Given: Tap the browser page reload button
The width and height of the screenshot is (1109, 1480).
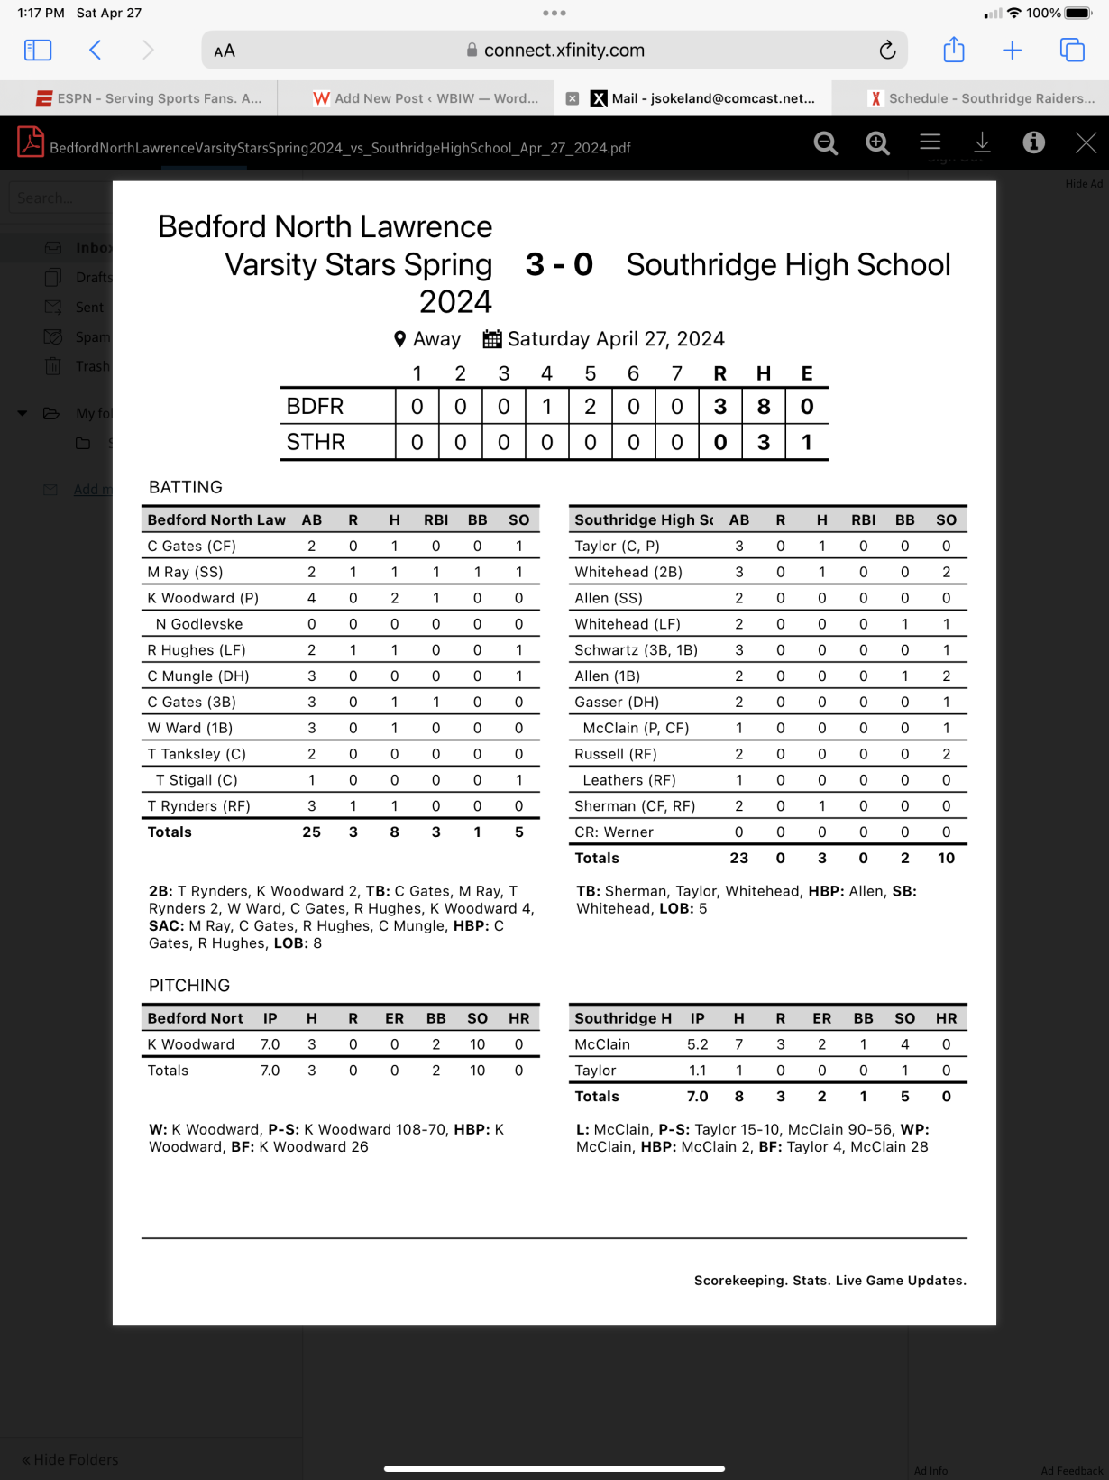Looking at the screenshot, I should point(887,51).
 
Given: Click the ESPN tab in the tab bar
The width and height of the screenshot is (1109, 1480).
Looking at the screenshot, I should point(149,98).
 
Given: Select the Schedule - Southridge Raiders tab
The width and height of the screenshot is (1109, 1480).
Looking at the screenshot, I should point(981,98).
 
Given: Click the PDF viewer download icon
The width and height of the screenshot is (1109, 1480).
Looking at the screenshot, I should point(982,142).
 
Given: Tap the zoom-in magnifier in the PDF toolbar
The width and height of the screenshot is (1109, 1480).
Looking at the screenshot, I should point(877,142).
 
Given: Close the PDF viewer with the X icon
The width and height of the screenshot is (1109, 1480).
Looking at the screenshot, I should point(1086,142).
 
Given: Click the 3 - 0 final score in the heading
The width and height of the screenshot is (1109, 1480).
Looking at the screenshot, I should point(559,264).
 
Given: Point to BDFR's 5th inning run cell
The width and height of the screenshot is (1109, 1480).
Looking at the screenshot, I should point(590,407).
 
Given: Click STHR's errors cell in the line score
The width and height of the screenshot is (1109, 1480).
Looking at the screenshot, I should point(806,442).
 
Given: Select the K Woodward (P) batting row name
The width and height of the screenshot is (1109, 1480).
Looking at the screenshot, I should point(203,598).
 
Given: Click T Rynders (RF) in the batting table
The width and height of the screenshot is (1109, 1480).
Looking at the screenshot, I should point(198,806).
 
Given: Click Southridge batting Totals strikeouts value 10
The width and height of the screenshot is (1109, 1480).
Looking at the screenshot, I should point(945,858).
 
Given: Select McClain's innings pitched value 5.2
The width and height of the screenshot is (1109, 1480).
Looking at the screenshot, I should point(697,1044).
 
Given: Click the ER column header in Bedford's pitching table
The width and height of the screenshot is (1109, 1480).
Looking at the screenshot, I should point(394,1018).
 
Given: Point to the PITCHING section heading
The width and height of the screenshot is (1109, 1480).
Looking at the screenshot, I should point(189,985).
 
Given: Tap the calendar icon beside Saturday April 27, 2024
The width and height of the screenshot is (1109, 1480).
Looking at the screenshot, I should point(492,339).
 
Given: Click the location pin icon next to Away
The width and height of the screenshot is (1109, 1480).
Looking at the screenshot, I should point(399,339).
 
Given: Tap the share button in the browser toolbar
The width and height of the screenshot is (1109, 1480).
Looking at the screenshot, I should point(953,51).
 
